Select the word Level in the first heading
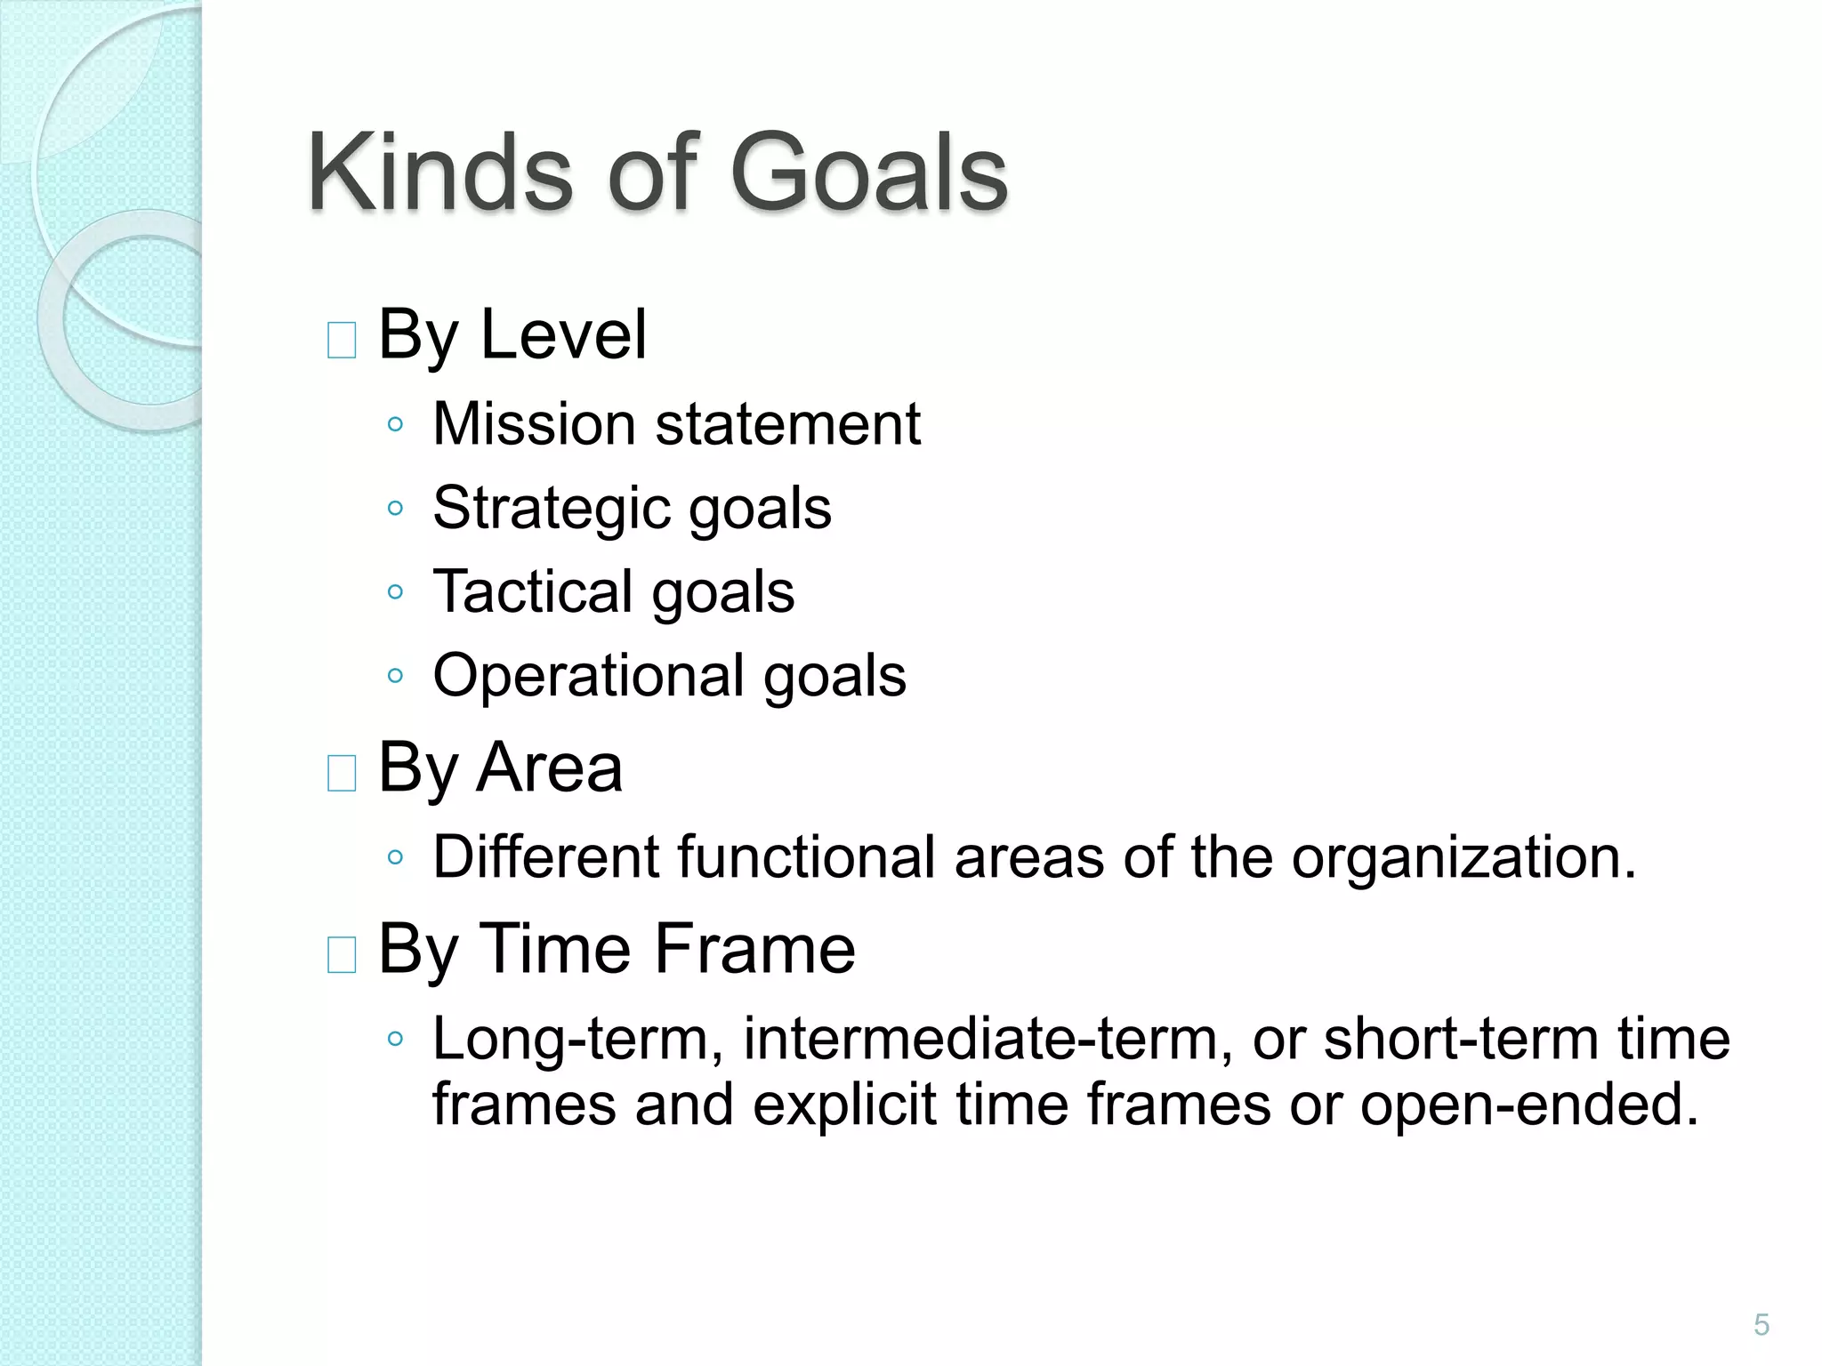point(563,334)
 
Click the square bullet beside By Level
point(342,341)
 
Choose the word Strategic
point(552,509)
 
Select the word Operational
point(588,676)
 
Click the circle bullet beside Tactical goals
point(396,592)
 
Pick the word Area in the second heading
point(549,767)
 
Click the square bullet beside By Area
point(342,773)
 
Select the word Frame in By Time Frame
point(755,949)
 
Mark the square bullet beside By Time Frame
point(342,955)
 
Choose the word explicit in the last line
point(845,1105)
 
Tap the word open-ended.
point(1529,1105)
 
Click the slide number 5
point(1762,1325)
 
